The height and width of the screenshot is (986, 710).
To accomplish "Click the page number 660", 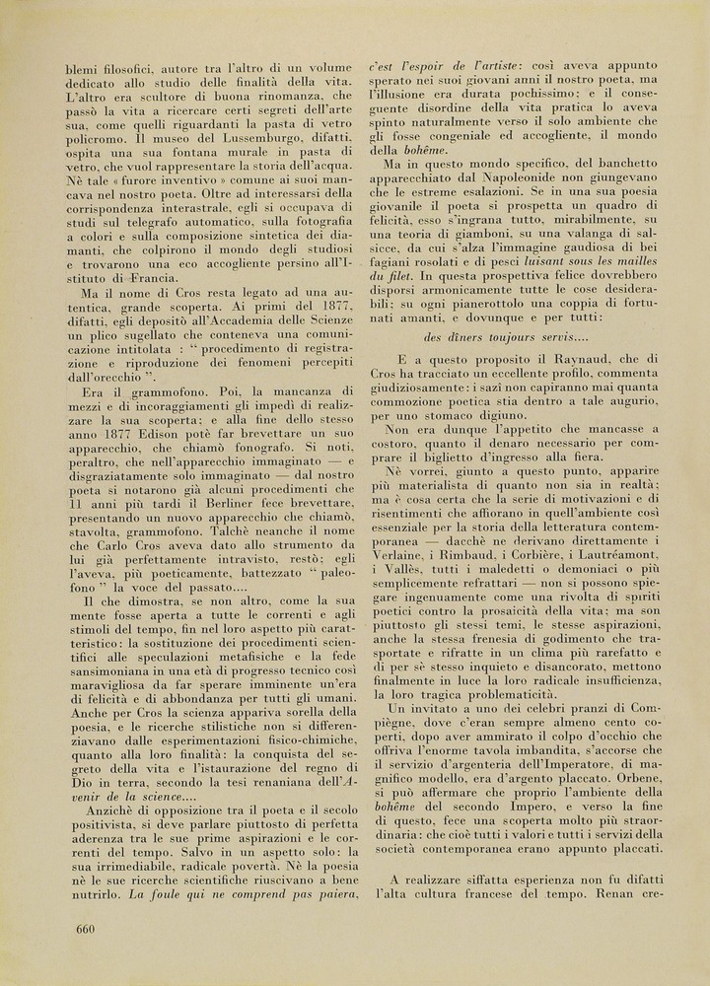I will (x=84, y=929).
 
